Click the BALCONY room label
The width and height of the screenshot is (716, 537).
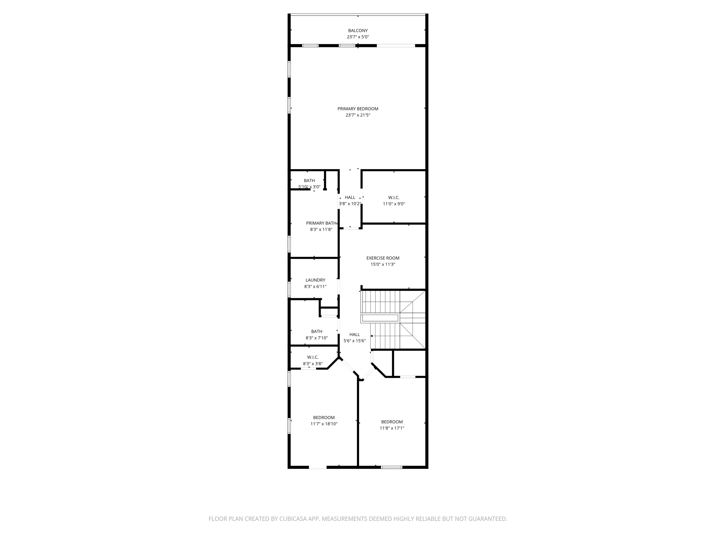[x=358, y=30]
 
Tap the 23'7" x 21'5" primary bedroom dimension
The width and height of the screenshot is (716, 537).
[x=358, y=115]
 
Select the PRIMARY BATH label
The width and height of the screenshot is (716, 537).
[x=321, y=223]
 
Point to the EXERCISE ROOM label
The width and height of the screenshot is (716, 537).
[x=382, y=258]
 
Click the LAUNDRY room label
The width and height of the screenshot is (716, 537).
[x=315, y=280]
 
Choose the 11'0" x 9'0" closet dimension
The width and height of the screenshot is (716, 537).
[x=394, y=204]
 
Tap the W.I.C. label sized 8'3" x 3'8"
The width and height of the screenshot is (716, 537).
[x=313, y=357]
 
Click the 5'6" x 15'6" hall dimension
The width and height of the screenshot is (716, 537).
[x=355, y=341]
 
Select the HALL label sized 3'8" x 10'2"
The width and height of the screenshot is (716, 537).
[x=350, y=198]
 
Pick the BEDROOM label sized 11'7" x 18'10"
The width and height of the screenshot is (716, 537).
[x=324, y=417]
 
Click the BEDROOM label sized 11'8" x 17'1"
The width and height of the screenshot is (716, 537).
[x=392, y=422]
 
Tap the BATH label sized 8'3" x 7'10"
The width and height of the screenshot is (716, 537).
[x=316, y=331]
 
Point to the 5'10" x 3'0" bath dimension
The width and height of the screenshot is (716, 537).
[x=309, y=187]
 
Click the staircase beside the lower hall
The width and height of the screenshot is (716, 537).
[x=393, y=320]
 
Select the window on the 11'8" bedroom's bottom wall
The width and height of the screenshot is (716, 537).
[x=391, y=467]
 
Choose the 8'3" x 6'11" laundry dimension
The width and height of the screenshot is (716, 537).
[x=315, y=287]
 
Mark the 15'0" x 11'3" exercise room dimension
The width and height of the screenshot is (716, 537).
[x=382, y=265]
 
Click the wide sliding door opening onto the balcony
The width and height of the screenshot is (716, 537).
[x=395, y=45]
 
